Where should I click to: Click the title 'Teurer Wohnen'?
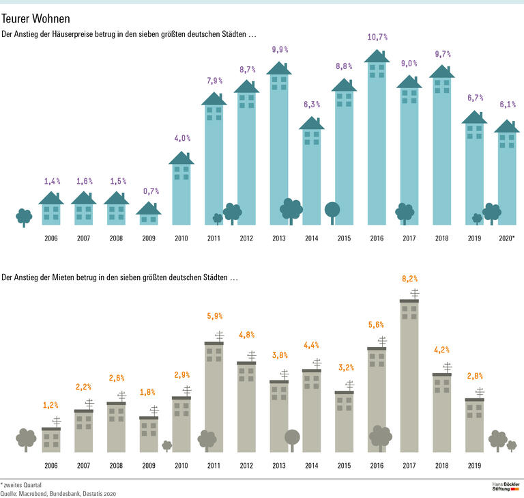[x=35, y=18]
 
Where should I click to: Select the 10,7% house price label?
[x=377, y=36]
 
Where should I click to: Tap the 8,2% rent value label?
[x=409, y=279]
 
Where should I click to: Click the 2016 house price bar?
[x=377, y=143]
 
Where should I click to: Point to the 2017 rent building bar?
[x=409, y=376]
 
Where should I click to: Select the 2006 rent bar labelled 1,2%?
[x=51, y=439]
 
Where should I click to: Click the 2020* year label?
[x=506, y=238]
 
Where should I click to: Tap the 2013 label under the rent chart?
[x=279, y=466]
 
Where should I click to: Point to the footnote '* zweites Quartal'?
[x=21, y=484]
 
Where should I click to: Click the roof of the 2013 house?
[x=279, y=68]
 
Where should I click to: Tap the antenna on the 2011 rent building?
[x=219, y=335]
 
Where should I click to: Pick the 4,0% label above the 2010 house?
[x=181, y=138]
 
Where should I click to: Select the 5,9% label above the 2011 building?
[x=214, y=316]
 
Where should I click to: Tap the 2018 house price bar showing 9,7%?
[x=442, y=150]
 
